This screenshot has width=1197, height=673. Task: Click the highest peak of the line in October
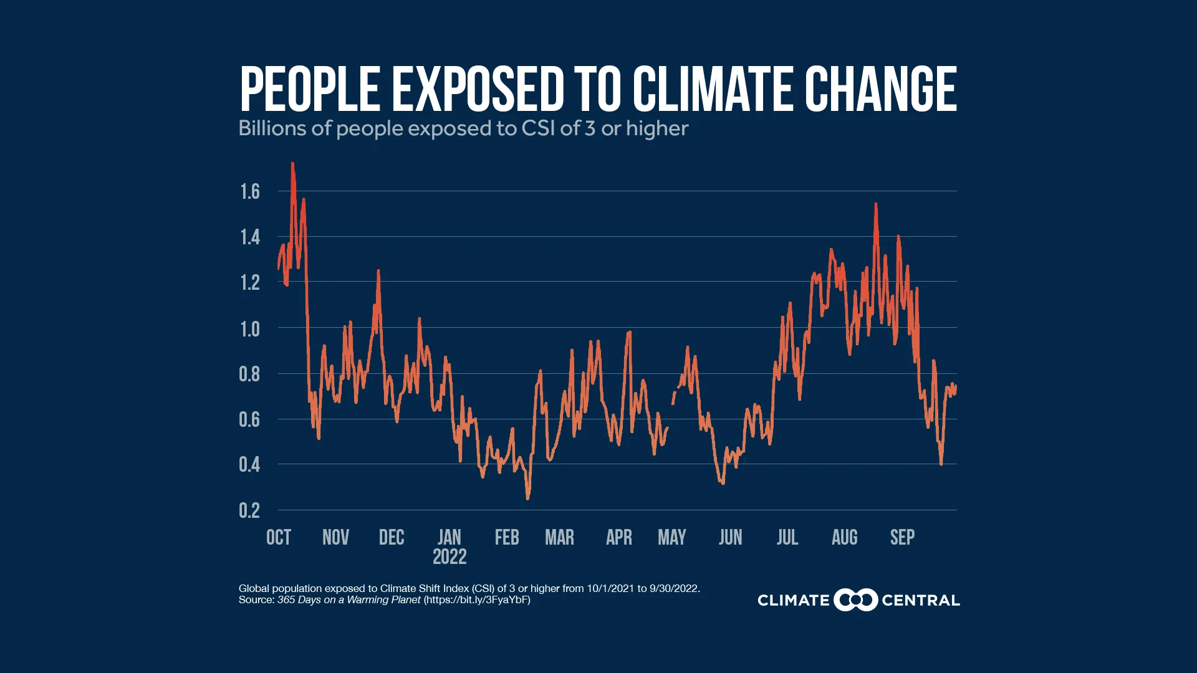click(x=292, y=165)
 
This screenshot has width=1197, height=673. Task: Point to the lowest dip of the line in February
click(x=528, y=497)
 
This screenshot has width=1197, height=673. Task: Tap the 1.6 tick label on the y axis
click(x=250, y=191)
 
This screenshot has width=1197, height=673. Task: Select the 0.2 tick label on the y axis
click(x=249, y=510)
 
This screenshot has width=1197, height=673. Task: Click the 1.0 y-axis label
click(x=250, y=328)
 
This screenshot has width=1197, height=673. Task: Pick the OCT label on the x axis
click(x=279, y=537)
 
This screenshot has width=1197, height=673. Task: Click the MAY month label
click(x=671, y=537)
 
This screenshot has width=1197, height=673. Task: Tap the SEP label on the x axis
click(x=902, y=537)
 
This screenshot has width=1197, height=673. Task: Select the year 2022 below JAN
click(x=449, y=556)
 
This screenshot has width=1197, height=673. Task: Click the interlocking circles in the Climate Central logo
click(x=855, y=600)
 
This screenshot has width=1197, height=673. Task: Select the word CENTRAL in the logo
click(x=920, y=601)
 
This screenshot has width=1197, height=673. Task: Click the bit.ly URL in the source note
click(x=477, y=600)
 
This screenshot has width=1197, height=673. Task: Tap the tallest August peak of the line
click(x=876, y=205)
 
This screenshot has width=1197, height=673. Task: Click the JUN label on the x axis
click(x=730, y=537)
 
